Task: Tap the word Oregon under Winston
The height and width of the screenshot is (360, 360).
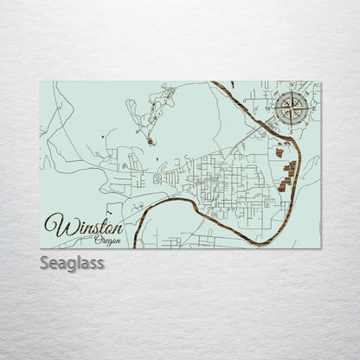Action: (107, 240)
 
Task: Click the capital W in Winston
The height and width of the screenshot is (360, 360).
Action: (60, 226)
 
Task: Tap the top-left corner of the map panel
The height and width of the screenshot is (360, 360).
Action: (41, 82)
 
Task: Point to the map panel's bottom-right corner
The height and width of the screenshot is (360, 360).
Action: (319, 248)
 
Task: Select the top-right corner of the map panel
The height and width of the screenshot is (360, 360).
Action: (319, 82)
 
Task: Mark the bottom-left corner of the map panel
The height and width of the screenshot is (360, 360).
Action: (41, 248)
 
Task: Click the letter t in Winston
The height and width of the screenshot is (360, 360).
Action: (98, 225)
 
